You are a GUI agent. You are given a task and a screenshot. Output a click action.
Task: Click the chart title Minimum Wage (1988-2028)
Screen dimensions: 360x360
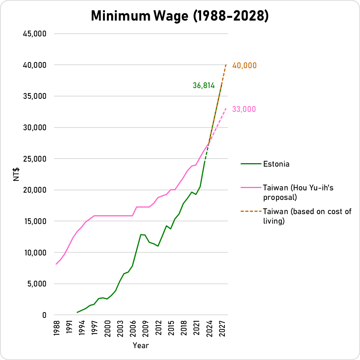pos(180,16)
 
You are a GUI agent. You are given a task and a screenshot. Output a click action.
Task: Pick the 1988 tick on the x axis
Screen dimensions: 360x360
pos(56,328)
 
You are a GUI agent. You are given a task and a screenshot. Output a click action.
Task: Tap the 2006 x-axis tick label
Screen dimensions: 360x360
pos(133,328)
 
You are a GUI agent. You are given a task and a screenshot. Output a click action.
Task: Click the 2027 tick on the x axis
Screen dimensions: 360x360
pos(222,328)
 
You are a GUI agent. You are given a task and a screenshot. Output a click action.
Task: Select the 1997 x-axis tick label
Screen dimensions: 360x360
pos(95,328)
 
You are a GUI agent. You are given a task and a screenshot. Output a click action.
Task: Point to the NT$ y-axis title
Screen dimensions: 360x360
pos(16,174)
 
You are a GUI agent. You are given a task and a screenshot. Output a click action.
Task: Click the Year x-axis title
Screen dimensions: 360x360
pos(141,345)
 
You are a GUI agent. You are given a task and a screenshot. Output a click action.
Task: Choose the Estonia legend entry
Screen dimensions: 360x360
pos(276,164)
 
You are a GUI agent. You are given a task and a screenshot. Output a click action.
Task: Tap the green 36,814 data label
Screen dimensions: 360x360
pos(203,86)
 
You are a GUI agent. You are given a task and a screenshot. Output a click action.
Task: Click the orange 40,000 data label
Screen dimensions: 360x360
pos(244,66)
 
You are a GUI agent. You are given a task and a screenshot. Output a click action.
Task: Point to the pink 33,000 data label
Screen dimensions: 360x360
pos(244,110)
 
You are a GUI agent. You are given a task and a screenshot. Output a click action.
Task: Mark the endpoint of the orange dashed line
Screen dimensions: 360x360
pos(226,65)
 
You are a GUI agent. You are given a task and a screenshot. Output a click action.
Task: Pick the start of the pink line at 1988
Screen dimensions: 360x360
pos(56,264)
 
